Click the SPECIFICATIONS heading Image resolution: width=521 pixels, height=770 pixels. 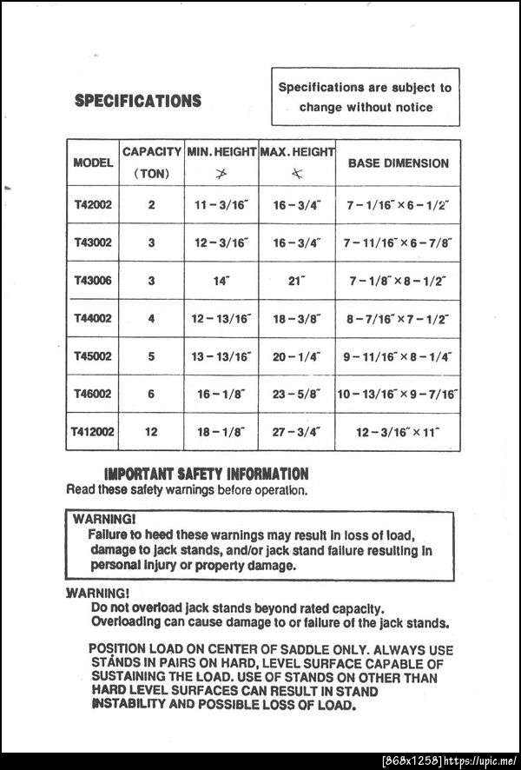(x=138, y=101)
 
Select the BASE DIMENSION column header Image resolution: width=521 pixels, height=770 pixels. (x=398, y=163)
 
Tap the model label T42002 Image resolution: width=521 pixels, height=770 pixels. (x=93, y=206)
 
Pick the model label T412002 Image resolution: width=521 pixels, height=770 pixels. (x=93, y=431)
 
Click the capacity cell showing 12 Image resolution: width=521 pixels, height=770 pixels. (x=151, y=431)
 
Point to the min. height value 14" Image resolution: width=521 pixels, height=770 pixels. (x=221, y=281)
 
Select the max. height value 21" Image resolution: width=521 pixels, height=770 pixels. (x=296, y=281)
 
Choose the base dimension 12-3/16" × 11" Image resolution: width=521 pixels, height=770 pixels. (x=398, y=431)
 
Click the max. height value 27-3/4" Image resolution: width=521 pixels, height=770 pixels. (x=296, y=431)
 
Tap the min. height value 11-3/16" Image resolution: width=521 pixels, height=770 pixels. (x=221, y=206)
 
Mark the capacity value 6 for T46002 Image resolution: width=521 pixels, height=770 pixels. (x=151, y=394)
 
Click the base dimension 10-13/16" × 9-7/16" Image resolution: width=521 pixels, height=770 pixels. (x=398, y=394)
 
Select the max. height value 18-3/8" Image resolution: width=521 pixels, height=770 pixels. (x=296, y=319)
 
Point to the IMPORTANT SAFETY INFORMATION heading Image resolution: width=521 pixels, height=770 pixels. (x=206, y=475)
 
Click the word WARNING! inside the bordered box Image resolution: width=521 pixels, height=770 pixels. (x=101, y=519)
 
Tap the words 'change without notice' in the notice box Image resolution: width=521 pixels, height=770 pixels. (x=366, y=108)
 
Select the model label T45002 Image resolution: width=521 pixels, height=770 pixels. (x=93, y=356)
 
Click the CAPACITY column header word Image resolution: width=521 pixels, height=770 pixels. (x=152, y=151)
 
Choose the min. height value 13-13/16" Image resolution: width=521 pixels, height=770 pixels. (x=221, y=356)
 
